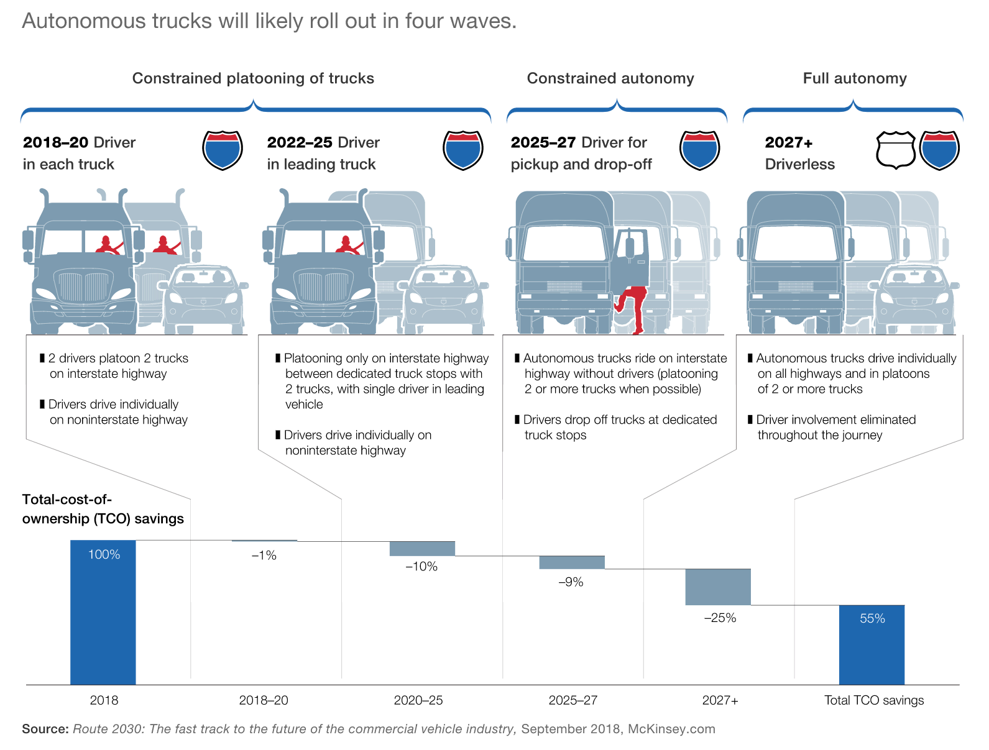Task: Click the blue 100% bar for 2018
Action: [x=103, y=612]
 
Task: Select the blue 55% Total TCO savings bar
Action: [x=872, y=644]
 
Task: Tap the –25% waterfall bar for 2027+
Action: [x=718, y=587]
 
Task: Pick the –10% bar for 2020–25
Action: [x=422, y=548]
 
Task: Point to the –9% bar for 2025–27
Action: [x=571, y=562]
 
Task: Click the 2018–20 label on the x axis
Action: [x=264, y=700]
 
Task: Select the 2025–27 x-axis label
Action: [x=573, y=700]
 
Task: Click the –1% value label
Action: [x=264, y=556]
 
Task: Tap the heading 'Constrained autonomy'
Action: [x=610, y=78]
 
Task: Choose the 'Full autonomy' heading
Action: [x=855, y=78]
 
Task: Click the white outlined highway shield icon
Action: [x=895, y=150]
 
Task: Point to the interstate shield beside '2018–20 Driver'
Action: [x=223, y=150]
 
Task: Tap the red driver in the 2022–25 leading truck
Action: [x=349, y=245]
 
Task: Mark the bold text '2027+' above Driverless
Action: [x=789, y=143]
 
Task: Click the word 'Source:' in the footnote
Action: [x=45, y=729]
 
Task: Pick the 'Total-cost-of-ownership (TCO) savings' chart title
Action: [x=103, y=509]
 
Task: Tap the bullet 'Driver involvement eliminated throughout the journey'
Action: [x=835, y=428]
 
